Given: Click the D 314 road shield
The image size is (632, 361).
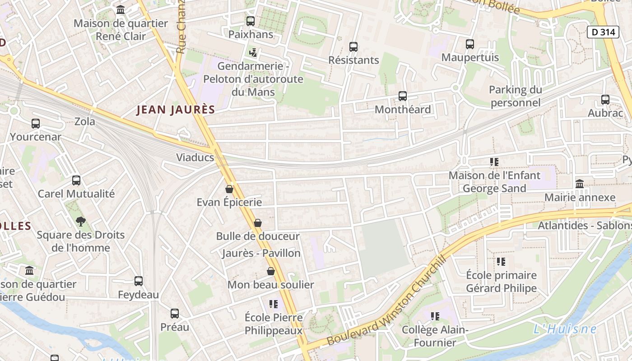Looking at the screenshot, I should pos(603,32).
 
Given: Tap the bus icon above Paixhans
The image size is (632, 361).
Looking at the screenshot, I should pos(250,21).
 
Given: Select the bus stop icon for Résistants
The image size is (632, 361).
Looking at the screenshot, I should pos(353,47).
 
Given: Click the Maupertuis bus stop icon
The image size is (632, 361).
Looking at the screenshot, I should pos(470,44).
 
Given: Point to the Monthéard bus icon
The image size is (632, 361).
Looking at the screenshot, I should pos(402,96).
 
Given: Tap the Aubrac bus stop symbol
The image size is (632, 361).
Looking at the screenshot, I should pos(605,100).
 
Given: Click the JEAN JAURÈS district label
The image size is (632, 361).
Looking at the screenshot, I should pos(175,110).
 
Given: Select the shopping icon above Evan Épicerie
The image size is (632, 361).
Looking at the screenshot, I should pos(229,189).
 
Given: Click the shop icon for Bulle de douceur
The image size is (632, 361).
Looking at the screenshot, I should pos(258,223).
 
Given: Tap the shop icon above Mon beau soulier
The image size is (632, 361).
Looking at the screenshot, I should pos(271,271).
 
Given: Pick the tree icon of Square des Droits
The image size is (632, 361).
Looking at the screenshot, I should pos(81,222).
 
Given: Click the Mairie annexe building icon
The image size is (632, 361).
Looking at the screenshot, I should pos(580,184).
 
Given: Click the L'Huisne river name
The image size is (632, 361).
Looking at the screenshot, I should pos(565,329).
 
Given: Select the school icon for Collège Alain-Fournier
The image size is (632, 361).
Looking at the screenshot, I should pos(435,316).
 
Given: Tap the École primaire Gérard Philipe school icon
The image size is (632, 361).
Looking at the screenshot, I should pos(501,262).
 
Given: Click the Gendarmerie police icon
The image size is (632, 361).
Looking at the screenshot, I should pos(253,53).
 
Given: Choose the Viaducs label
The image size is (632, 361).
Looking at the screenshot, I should pos(195,157).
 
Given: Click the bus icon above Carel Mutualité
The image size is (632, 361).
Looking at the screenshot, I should pos(76,180).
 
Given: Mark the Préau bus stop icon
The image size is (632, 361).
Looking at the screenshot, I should pos(175,314).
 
